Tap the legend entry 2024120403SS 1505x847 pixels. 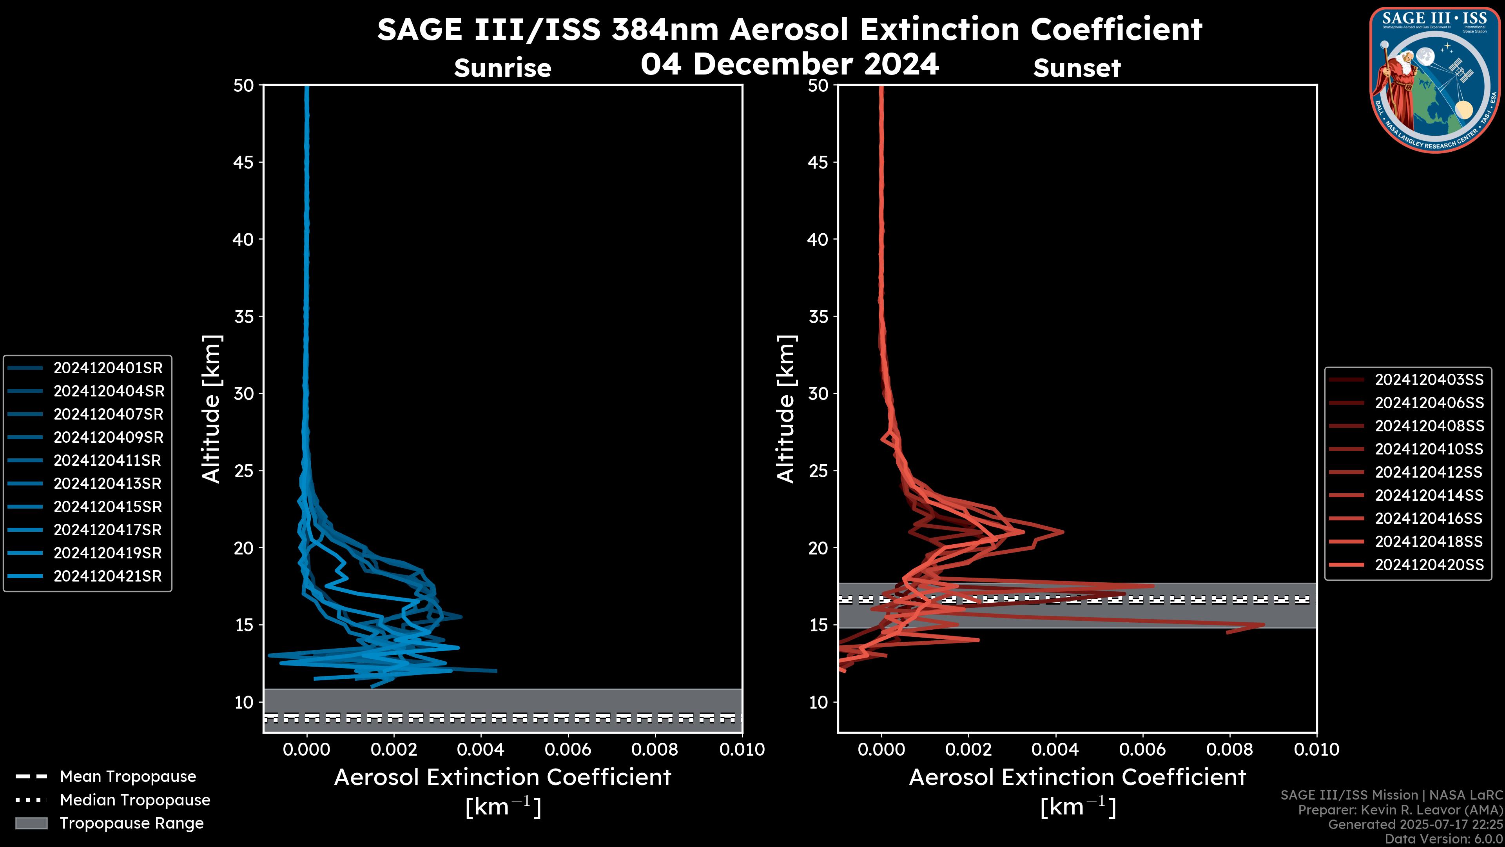tap(1429, 379)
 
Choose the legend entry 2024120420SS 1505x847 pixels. tap(1429, 564)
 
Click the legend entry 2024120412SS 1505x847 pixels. tap(1429, 472)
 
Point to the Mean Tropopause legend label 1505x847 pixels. tap(128, 776)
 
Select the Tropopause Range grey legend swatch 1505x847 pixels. tap(31, 823)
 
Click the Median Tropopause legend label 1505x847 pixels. tap(135, 800)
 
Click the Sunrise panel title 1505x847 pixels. tap(502, 68)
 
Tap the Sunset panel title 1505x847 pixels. tap(1077, 68)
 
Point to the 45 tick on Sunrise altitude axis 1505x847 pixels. tap(244, 162)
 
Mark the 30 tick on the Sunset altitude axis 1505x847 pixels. tap(818, 393)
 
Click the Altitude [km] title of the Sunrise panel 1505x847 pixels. tap(211, 409)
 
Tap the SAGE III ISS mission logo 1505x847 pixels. tap(1436, 80)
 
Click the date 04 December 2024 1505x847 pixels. tap(789, 64)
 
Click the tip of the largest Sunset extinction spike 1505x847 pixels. tap(1264, 625)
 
